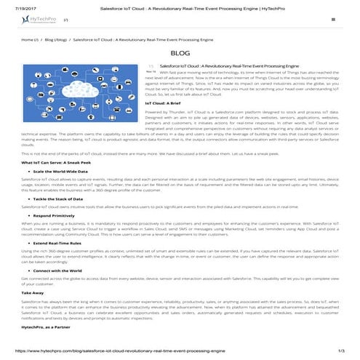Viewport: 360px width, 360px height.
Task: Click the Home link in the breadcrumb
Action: [28, 40]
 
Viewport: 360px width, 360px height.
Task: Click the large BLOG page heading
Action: [180, 54]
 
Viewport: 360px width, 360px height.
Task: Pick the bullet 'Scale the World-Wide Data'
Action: [61, 172]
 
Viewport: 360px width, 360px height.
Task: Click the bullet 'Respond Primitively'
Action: [55, 217]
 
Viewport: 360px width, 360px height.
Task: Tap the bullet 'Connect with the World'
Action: [58, 271]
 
